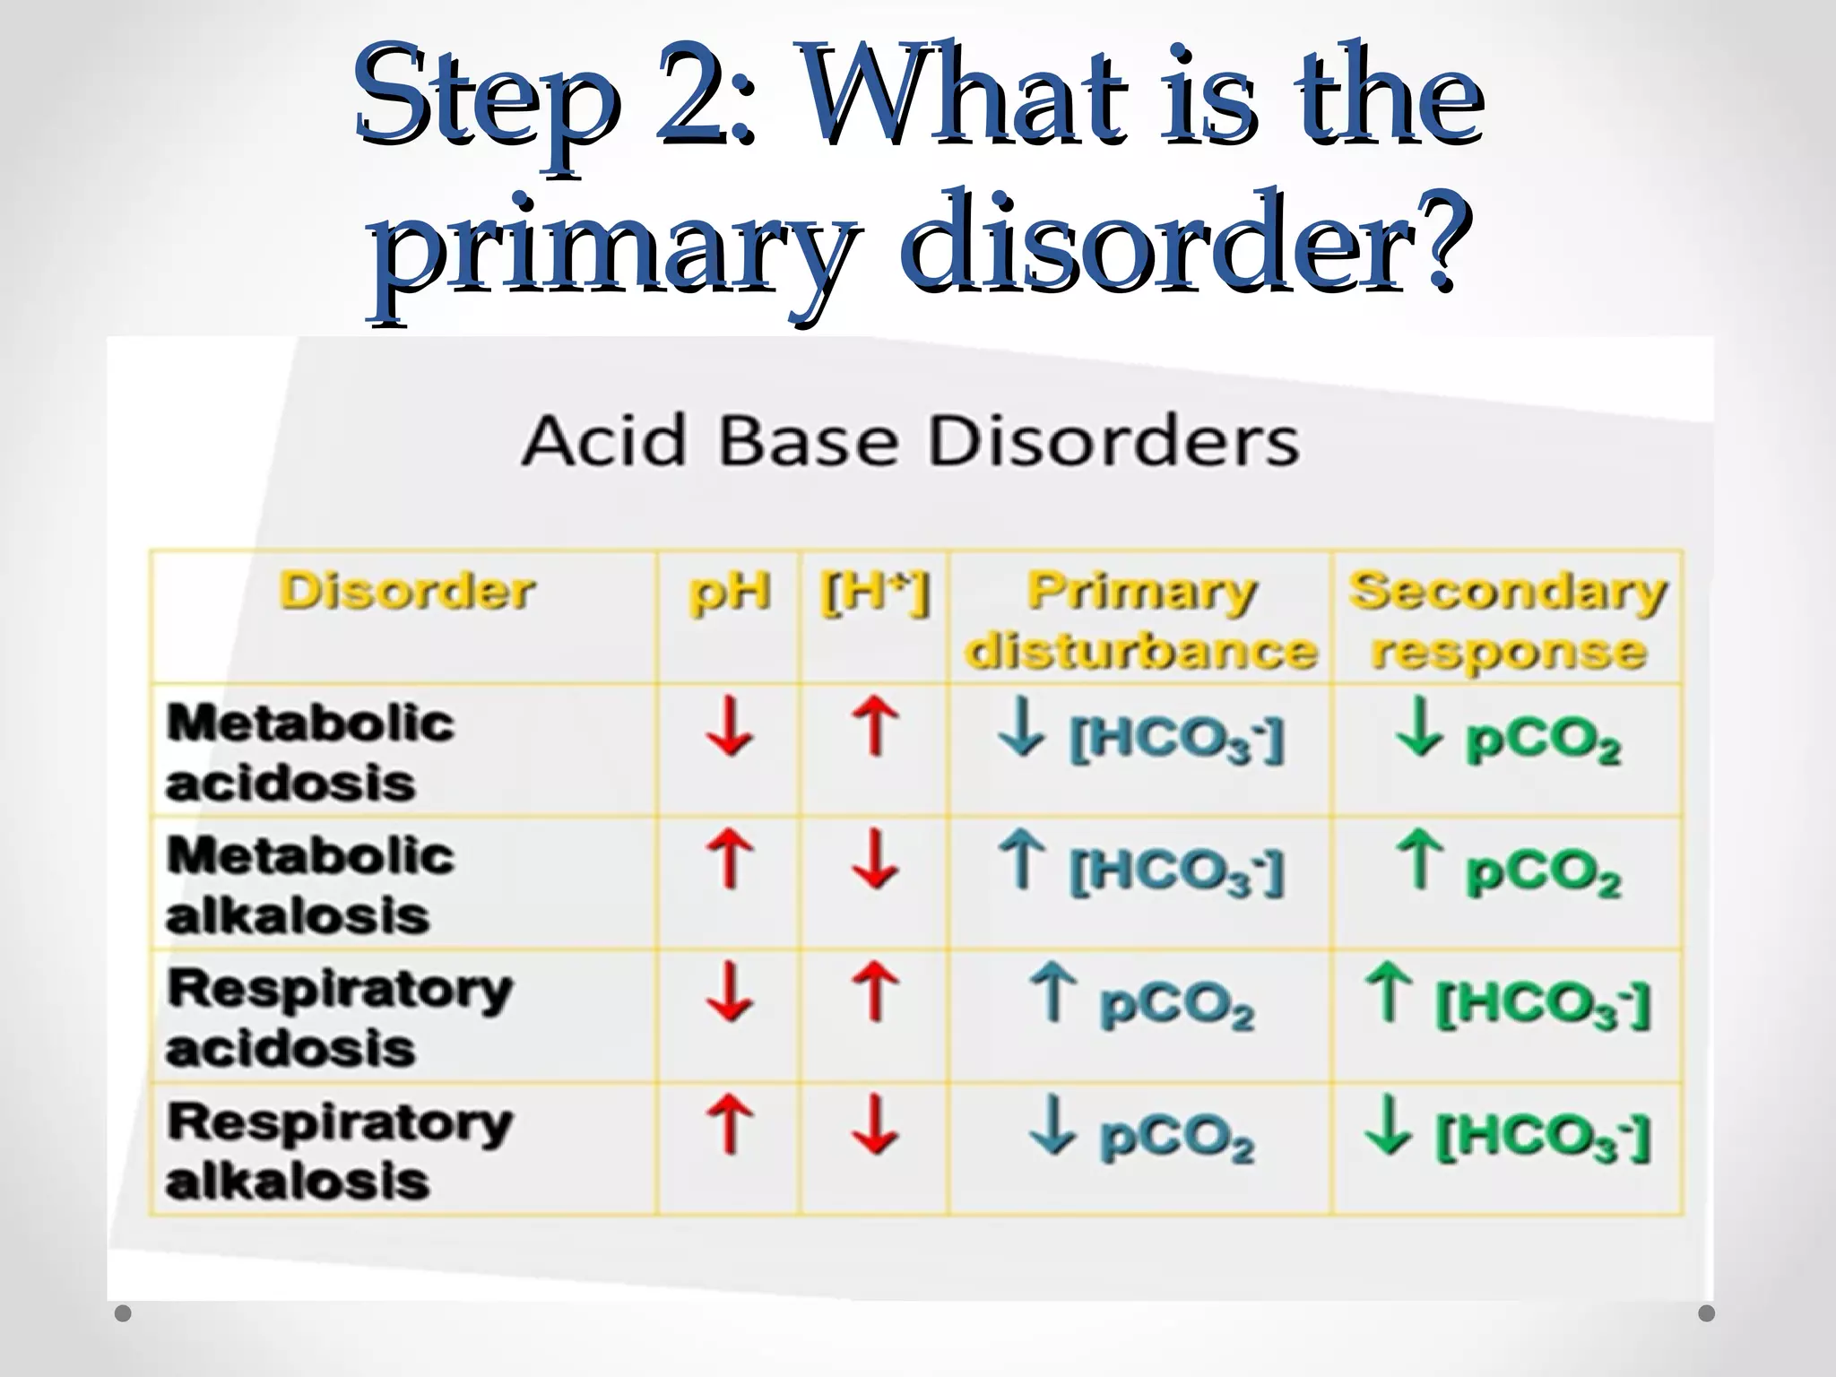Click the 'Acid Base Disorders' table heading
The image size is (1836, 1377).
910,441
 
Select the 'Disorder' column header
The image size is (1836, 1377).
407,592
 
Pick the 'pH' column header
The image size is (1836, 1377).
729,592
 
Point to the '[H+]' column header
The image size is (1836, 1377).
875,592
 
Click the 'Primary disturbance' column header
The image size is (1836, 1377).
1141,620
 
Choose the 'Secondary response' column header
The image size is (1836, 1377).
1508,620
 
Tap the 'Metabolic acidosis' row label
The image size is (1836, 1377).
309,752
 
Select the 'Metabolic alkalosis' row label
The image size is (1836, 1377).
309,885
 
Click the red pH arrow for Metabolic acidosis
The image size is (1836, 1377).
729,727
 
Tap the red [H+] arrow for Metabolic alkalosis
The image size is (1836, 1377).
875,860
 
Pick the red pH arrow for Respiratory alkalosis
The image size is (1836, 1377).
729,1124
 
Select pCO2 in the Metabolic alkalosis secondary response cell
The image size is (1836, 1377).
1543,873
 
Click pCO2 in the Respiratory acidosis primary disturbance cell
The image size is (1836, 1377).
1176,1005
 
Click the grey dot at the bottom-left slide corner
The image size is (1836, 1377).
124,1313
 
